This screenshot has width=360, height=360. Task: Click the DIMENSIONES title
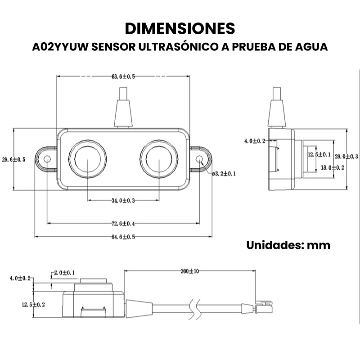[x=180, y=28]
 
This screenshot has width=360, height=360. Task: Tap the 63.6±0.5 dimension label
[x=123, y=77]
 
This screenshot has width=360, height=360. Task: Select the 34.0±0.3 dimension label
[x=123, y=200]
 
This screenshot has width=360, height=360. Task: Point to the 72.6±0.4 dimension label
[x=123, y=223]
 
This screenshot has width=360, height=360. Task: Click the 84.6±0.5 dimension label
[x=123, y=237]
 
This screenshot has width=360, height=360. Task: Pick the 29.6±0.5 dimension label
[x=13, y=159]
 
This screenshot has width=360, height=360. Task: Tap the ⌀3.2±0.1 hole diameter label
[x=224, y=173]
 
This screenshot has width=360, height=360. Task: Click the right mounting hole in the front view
[x=200, y=158]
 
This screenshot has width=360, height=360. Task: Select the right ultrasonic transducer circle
[x=156, y=158]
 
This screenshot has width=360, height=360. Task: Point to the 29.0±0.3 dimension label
[x=346, y=157]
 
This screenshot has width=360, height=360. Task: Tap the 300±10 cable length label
[x=189, y=271]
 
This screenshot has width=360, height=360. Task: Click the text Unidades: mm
[x=288, y=245]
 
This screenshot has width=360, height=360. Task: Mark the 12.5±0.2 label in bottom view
[x=33, y=305]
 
